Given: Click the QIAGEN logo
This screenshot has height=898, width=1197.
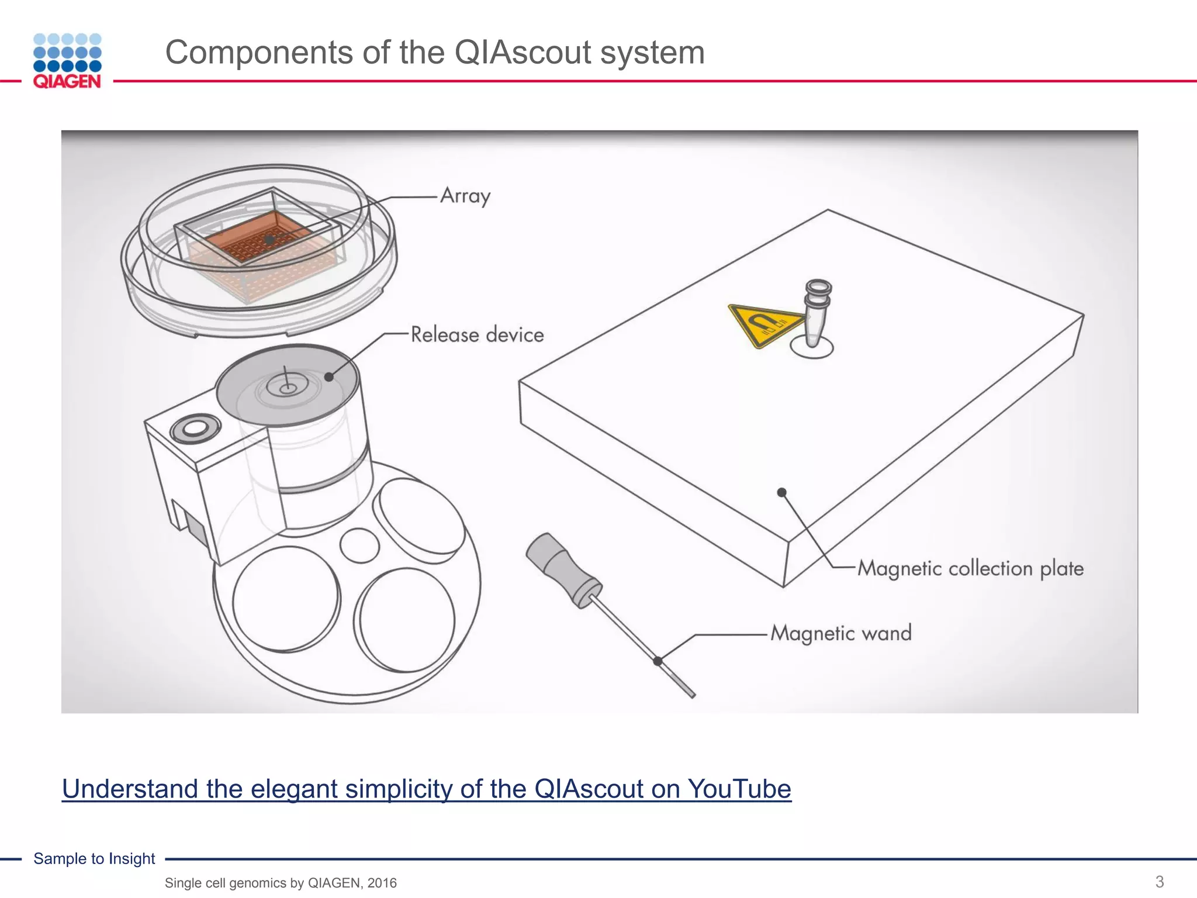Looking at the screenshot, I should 67,61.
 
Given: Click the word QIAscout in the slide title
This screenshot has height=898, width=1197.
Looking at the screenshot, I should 523,53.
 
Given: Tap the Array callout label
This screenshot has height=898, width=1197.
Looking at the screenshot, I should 465,196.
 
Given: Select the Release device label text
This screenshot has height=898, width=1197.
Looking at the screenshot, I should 477,335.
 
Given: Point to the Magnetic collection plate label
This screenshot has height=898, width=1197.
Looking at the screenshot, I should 970,568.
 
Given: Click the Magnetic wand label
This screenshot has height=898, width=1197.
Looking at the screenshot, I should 840,633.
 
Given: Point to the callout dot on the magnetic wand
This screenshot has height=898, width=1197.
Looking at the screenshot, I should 658,661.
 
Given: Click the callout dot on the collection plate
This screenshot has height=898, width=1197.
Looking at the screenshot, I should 781,492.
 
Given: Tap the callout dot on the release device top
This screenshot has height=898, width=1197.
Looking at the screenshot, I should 329,377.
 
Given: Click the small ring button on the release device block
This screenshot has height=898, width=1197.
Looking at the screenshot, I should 195,430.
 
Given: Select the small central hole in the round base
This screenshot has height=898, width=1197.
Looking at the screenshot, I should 359,545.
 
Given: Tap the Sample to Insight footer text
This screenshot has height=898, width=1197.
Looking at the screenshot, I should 94,858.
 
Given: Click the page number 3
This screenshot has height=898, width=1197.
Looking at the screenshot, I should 1160,881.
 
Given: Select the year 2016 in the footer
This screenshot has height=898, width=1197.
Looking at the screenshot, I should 382,883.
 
